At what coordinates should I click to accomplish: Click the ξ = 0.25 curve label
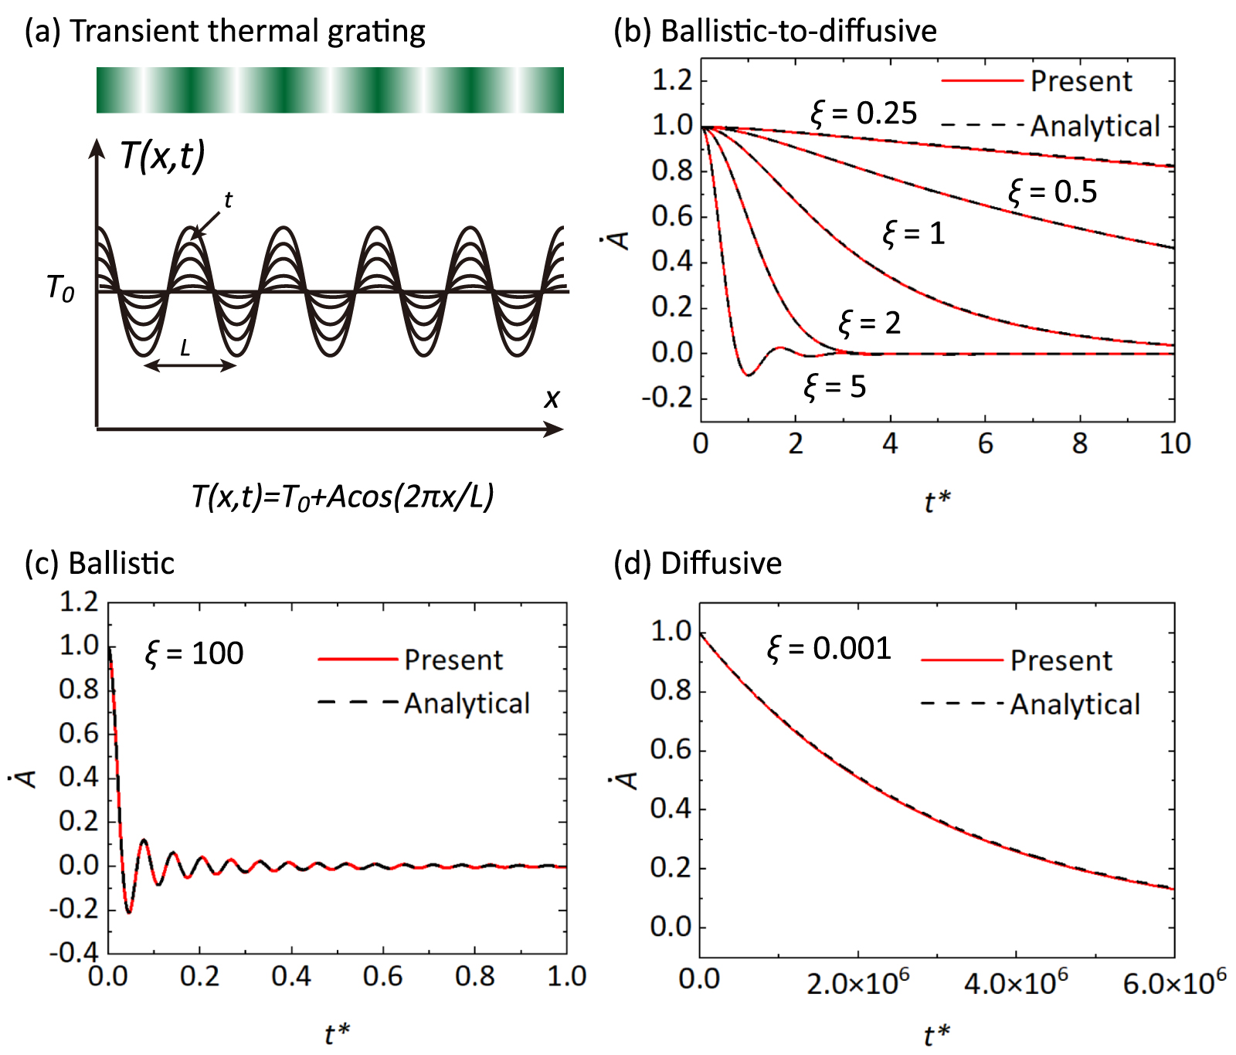864,114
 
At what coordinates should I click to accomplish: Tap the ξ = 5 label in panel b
834,386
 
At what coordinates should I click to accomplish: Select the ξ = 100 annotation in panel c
194,653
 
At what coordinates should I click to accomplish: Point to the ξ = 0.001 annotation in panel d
829,648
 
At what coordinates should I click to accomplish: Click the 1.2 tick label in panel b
672,80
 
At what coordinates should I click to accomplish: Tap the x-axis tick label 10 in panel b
1174,443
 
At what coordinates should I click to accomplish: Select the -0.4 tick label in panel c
74,952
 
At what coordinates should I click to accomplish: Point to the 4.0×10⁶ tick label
1016,983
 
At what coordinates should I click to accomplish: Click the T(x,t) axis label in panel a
163,155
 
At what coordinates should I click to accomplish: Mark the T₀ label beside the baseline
60,289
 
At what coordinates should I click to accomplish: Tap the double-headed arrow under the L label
190,365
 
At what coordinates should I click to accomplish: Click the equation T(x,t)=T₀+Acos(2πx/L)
342,497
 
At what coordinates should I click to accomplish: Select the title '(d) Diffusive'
697,563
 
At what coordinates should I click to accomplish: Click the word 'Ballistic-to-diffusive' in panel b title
799,31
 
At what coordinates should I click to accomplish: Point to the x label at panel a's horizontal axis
551,399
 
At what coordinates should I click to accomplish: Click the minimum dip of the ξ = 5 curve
748,375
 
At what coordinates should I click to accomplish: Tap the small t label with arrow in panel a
228,201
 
